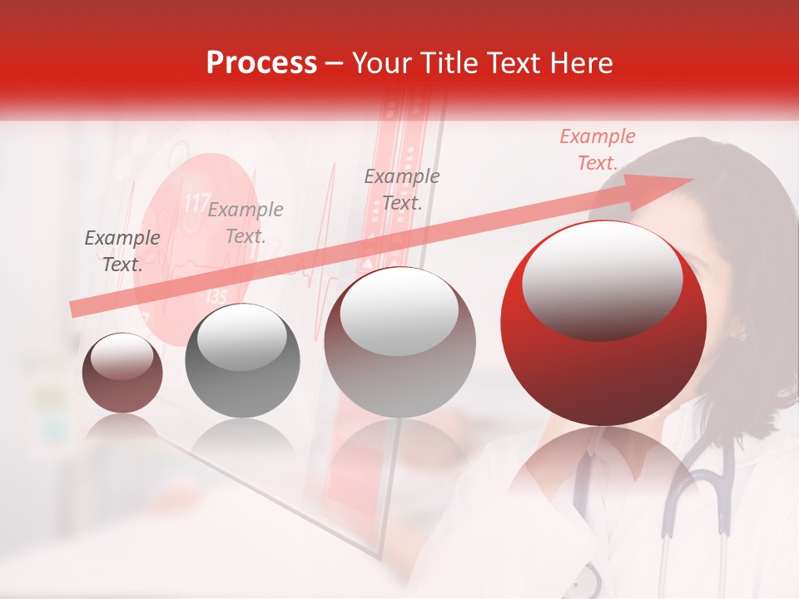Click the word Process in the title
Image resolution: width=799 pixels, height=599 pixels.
point(261,63)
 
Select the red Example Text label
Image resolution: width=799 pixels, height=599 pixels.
point(597,150)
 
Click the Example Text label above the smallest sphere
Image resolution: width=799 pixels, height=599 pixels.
point(122,251)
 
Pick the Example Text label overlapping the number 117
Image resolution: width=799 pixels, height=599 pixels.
point(246,223)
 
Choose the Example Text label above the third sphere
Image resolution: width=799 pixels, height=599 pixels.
point(402,189)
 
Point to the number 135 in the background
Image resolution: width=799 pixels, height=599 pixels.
point(215,296)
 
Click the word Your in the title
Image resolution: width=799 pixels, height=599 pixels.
point(383,63)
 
